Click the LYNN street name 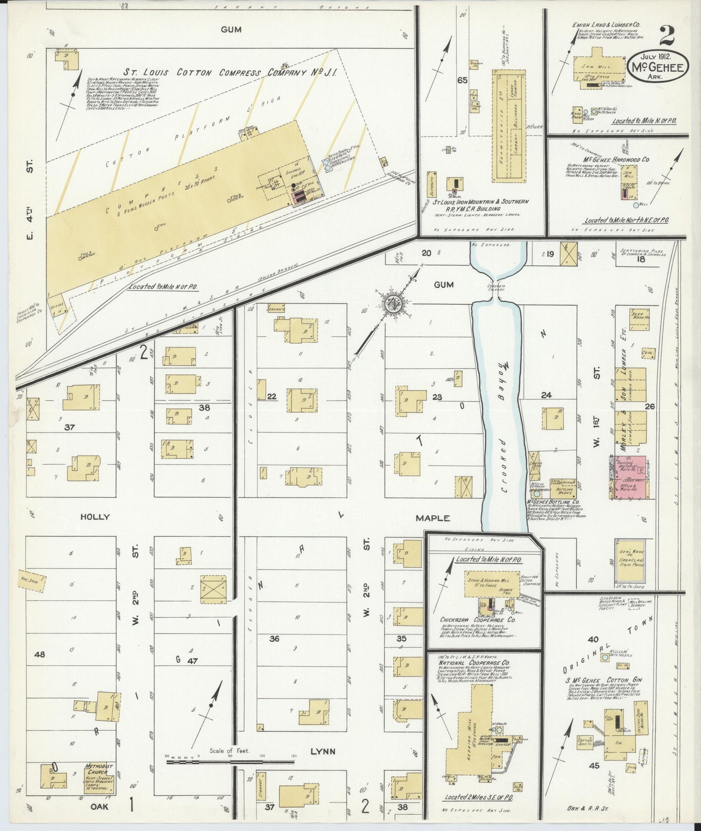click(323, 751)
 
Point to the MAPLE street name click(433, 518)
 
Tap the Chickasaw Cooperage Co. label click(477, 620)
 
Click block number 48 click(39, 655)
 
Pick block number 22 click(272, 397)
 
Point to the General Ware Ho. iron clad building click(631, 561)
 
